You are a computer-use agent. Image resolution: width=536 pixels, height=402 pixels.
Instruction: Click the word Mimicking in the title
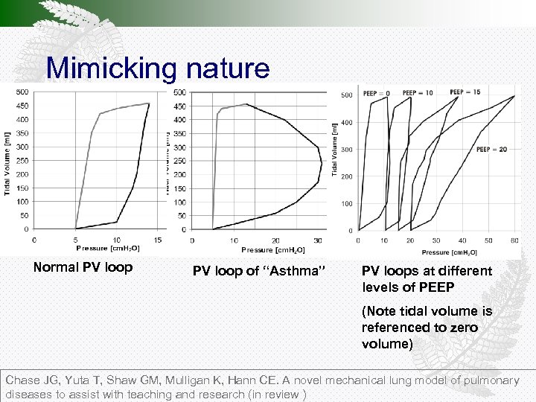(109, 68)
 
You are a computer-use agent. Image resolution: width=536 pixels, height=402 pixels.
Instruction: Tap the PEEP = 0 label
(376, 94)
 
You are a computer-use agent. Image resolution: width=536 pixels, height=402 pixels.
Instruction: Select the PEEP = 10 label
(418, 94)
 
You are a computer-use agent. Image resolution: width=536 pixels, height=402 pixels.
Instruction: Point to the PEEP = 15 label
(465, 92)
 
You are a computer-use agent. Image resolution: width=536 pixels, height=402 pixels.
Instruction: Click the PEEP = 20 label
(492, 149)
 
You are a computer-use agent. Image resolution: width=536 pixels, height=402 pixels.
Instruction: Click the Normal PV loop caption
(83, 267)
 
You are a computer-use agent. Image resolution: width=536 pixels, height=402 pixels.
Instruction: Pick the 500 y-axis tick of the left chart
(22, 92)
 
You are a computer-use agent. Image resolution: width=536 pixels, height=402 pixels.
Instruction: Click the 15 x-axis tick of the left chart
(158, 239)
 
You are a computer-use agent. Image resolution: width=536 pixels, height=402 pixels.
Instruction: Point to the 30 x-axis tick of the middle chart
(318, 240)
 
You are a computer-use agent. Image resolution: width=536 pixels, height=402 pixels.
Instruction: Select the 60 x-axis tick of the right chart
(514, 240)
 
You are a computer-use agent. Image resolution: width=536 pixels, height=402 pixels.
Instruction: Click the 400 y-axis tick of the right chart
(347, 123)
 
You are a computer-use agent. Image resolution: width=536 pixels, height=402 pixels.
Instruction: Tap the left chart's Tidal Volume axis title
(8, 160)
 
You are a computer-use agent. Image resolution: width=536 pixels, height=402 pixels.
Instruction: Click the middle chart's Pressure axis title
(269, 250)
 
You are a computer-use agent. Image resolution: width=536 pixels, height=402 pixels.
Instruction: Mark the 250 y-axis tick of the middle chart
(181, 161)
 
